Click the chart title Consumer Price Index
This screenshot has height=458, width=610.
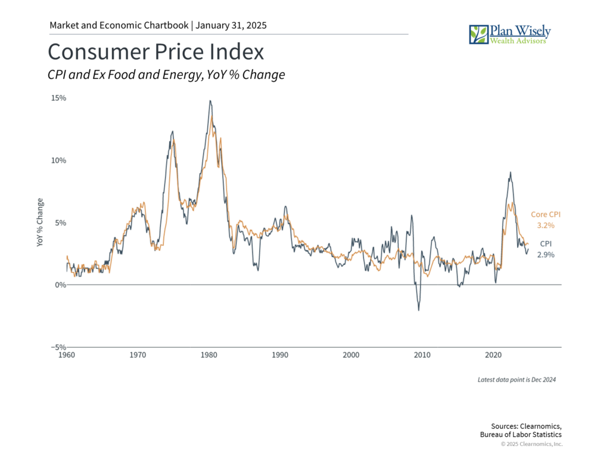pyautogui.click(x=155, y=52)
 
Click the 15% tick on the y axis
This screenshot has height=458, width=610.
pyautogui.click(x=58, y=98)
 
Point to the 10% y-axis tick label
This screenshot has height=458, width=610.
pyautogui.click(x=58, y=160)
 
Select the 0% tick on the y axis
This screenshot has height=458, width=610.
pyautogui.click(x=60, y=285)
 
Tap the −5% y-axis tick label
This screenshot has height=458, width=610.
pyautogui.click(x=58, y=347)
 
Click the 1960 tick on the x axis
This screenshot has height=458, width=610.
pyautogui.click(x=67, y=355)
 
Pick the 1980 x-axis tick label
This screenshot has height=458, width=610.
pyautogui.click(x=209, y=355)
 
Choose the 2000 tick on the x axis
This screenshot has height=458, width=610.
pyautogui.click(x=351, y=355)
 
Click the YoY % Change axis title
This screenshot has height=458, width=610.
pyautogui.click(x=40, y=222)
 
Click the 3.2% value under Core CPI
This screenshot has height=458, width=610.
pyautogui.click(x=546, y=226)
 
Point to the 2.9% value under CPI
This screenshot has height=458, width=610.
pyautogui.click(x=546, y=255)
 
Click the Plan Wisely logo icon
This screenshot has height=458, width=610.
pyautogui.click(x=478, y=34)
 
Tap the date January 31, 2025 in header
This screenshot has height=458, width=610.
pyautogui.click(x=232, y=26)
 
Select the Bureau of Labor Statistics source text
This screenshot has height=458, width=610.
pyautogui.click(x=521, y=435)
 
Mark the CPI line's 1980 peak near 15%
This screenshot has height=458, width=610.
pyautogui.click(x=210, y=101)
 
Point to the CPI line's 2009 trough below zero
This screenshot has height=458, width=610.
pyautogui.click(x=419, y=310)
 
